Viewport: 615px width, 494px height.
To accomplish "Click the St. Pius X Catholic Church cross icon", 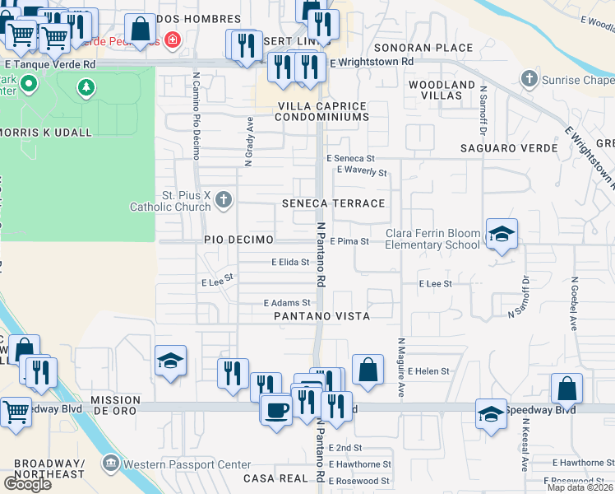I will pyautogui.click(x=224, y=199).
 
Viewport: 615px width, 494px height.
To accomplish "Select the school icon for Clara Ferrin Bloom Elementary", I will pyautogui.click(x=501, y=235).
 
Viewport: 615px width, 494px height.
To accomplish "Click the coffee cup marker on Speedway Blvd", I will pyautogui.click(x=276, y=410).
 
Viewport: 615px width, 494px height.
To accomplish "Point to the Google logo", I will pyautogui.click(x=27, y=484).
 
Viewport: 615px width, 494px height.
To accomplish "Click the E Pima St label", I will pyautogui.click(x=349, y=241).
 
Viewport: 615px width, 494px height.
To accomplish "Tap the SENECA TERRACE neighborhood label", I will pyautogui.click(x=333, y=203).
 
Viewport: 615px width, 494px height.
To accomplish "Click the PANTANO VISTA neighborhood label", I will pyautogui.click(x=321, y=316).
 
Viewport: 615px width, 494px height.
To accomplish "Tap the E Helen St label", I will pyautogui.click(x=428, y=371).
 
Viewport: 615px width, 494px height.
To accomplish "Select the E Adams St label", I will pyautogui.click(x=285, y=303).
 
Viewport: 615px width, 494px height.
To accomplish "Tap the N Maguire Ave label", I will pyautogui.click(x=401, y=366).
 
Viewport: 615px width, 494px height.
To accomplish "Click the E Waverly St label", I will pyautogui.click(x=362, y=172).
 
